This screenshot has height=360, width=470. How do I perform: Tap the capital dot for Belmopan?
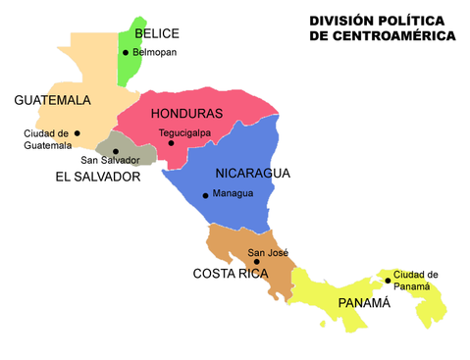click(x=126, y=52)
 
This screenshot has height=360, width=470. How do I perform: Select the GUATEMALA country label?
click(x=53, y=100)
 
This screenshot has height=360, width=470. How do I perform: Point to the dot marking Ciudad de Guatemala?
click(x=77, y=133)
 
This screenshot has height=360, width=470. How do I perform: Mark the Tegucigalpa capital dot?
click(x=170, y=143)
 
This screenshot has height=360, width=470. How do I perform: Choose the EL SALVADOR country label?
click(x=97, y=178)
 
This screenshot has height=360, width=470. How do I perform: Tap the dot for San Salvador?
click(x=116, y=151)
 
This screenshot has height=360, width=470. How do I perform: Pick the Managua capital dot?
click(x=205, y=195)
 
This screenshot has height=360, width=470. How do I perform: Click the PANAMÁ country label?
click(x=364, y=303)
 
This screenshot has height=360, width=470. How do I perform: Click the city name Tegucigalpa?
click(x=186, y=133)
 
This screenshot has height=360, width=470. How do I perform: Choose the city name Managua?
click(x=234, y=193)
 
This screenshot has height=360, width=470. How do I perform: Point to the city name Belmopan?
click(x=156, y=52)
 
